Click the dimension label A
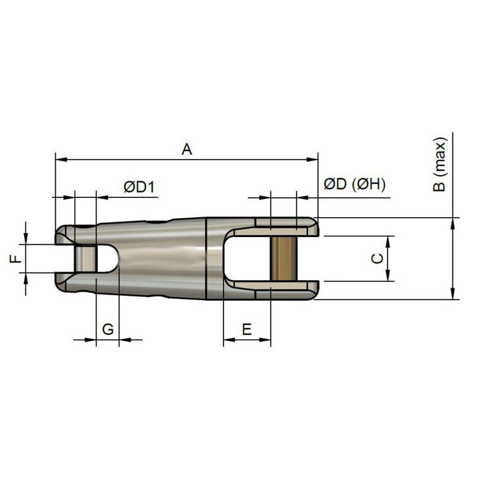[x=187, y=149]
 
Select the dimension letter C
[x=376, y=259]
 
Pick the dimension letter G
[x=107, y=329]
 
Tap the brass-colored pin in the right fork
[x=283, y=259]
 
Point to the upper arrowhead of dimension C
[x=388, y=241]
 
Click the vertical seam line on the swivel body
[x=206, y=259]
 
